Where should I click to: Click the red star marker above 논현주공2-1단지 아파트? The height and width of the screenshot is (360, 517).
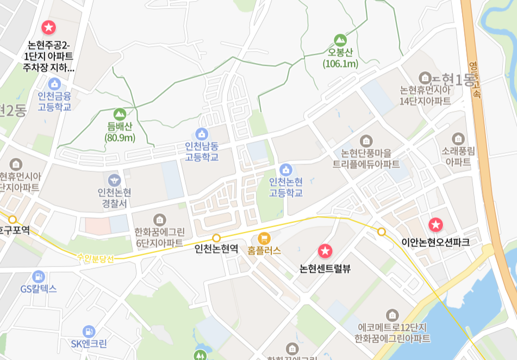[x=48, y=27]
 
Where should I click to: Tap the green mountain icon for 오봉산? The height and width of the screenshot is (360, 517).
[x=340, y=40]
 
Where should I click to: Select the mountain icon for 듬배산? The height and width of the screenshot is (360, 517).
[x=120, y=114]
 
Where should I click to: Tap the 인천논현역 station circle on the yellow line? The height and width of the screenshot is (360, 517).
[x=216, y=238]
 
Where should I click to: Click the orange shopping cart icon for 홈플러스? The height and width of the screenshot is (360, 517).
[x=264, y=238]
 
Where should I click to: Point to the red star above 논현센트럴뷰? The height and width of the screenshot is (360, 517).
[x=325, y=251]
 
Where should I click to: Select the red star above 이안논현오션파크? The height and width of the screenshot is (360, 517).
[x=435, y=224]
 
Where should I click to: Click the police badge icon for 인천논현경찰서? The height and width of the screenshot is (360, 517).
[x=114, y=179]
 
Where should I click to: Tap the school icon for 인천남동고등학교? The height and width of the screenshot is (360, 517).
[x=202, y=134]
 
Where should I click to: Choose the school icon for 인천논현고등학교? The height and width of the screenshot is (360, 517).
[x=286, y=170]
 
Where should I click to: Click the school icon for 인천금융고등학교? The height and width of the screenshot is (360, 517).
[x=54, y=84]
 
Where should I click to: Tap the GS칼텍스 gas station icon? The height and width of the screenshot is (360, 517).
[x=38, y=276]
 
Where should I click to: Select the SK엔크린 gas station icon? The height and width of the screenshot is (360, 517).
[x=89, y=331]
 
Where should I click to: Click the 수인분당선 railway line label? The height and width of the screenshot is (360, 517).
[x=95, y=258]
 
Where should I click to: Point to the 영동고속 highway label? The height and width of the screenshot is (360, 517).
[x=475, y=79]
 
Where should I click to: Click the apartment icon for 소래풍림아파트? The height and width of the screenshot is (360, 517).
[x=458, y=139]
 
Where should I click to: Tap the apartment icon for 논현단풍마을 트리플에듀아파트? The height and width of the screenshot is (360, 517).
[x=366, y=140]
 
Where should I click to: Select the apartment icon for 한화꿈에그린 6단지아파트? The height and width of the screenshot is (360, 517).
[x=159, y=220]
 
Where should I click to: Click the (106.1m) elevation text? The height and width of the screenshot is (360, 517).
[x=340, y=64]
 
